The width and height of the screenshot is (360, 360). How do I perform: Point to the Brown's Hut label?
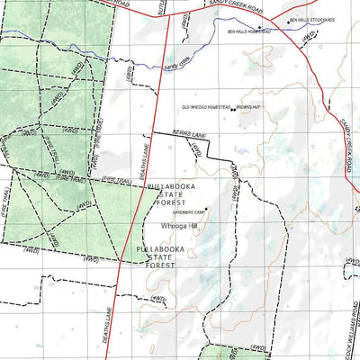[x=248, y=110]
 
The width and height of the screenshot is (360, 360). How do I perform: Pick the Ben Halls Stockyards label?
[x=311, y=18]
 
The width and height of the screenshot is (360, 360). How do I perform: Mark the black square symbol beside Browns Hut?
[x=233, y=110]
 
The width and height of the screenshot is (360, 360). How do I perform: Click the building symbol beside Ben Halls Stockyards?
[x=286, y=20]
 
